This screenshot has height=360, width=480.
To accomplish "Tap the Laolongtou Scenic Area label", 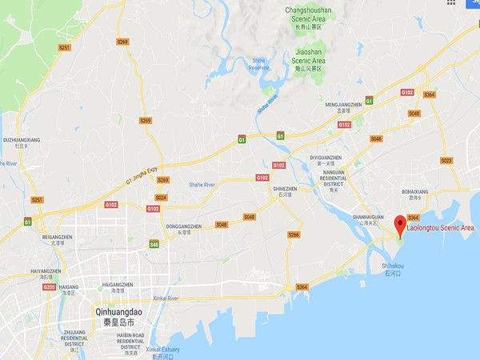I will [441, 228].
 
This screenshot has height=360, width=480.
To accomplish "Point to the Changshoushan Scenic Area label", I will [308, 14].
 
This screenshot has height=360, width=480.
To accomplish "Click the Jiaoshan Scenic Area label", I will [308, 56].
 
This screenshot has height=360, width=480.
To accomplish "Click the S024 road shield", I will [161, 197].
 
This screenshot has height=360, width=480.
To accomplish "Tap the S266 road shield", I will [294, 234].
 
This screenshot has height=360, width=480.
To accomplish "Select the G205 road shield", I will [49, 287].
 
